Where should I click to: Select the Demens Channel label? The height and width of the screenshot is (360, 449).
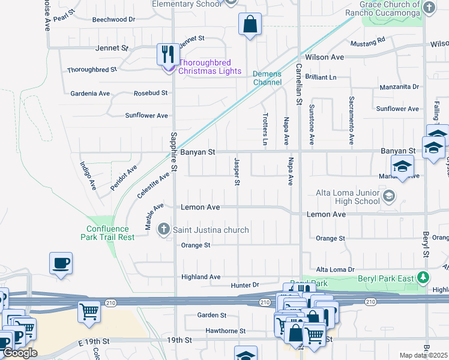(267, 78)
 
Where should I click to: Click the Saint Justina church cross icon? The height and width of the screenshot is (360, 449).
(163, 229)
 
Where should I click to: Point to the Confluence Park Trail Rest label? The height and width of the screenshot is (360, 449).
(107, 233)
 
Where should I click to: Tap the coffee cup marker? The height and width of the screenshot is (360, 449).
(61, 263)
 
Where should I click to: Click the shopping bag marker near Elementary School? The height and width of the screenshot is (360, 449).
(250, 25)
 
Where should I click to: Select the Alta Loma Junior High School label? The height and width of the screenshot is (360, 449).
(348, 197)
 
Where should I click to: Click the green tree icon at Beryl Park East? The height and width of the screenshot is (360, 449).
(424, 277)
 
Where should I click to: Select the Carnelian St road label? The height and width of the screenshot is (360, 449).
(298, 83)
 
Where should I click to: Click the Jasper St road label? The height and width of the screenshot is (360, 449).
(237, 171)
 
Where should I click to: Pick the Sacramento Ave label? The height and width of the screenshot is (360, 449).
(351, 120)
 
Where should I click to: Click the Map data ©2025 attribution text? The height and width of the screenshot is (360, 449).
(423, 355)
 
